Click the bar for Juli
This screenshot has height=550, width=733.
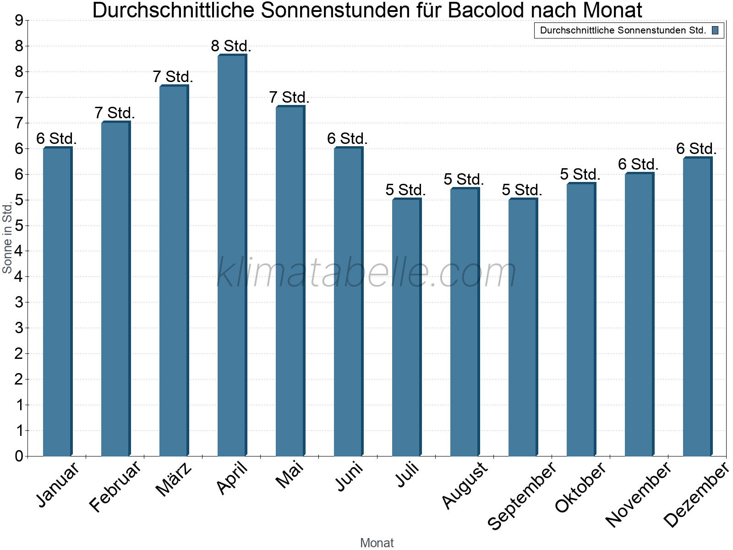point(406,327)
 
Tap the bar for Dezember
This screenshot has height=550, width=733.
point(697,307)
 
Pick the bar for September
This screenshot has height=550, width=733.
point(523,327)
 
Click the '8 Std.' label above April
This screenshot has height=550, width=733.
point(231,46)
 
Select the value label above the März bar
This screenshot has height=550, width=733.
point(173,77)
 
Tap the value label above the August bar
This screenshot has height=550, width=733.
point(464,180)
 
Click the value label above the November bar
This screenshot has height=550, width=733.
point(639,164)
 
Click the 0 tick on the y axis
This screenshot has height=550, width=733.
point(19,456)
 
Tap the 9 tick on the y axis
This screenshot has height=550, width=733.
point(19,21)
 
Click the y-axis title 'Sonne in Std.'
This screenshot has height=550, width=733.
point(7,238)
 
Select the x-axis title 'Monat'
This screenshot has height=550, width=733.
point(377,543)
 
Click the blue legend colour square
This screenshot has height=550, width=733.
point(715,31)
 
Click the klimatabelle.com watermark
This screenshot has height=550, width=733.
point(366,273)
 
